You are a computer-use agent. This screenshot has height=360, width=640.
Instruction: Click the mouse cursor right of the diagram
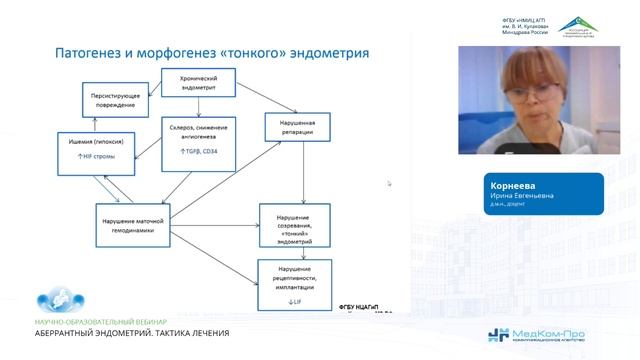click(390, 183)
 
